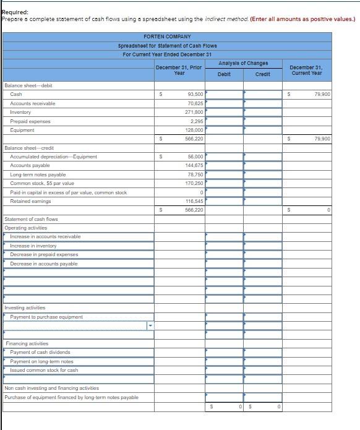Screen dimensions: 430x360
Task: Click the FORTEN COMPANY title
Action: click(167, 37)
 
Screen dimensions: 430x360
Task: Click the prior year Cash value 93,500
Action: click(195, 94)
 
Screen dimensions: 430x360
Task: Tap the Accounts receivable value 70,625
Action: click(195, 103)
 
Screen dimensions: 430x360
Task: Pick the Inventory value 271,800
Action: click(194, 112)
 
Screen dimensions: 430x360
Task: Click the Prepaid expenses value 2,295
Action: click(197, 121)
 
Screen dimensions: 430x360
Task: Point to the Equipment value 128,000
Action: click(194, 130)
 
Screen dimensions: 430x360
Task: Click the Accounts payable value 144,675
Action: click(194, 166)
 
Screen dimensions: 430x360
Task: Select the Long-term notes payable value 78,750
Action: click(195, 174)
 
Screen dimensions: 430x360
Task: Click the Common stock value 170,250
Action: click(194, 184)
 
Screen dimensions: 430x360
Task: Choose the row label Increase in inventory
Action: click(33, 246)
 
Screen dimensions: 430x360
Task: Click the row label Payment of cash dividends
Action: click(40, 353)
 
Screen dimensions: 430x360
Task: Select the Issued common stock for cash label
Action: click(44, 371)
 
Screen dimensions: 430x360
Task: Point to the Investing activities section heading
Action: click(25, 308)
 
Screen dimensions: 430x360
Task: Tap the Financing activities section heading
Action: click(27, 343)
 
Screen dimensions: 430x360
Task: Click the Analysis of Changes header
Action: click(243, 64)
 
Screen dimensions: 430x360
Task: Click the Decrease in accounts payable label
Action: click(44, 264)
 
